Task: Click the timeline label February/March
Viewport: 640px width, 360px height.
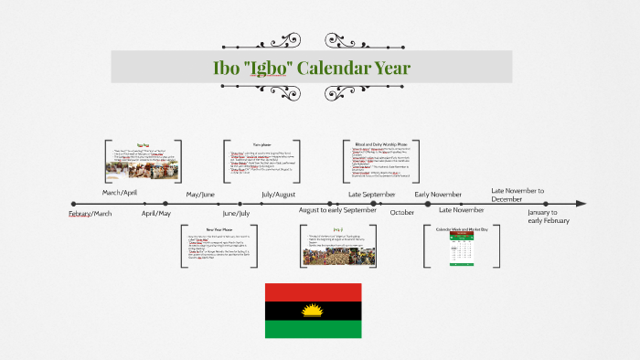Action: pyautogui.click(x=91, y=213)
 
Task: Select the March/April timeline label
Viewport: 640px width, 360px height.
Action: pyautogui.click(x=119, y=193)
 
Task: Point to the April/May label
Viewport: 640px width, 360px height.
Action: pyautogui.click(x=156, y=213)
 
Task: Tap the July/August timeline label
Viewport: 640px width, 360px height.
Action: pyautogui.click(x=278, y=194)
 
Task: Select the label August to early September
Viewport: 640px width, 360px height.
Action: pyautogui.click(x=337, y=210)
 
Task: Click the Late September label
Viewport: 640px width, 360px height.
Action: pyautogui.click(x=372, y=194)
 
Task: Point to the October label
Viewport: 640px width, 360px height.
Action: pyautogui.click(x=402, y=212)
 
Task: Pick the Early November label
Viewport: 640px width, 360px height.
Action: pyautogui.click(x=438, y=194)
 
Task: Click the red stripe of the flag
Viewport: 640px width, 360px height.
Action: pyautogui.click(x=313, y=293)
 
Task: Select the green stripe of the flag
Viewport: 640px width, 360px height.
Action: pyautogui.click(x=313, y=340)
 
